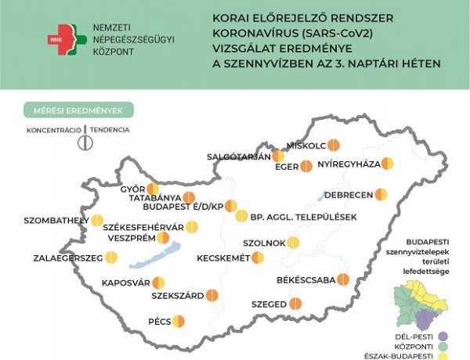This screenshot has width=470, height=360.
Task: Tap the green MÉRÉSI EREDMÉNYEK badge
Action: tap(78, 110)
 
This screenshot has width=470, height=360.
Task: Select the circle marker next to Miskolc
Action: tap(333, 145)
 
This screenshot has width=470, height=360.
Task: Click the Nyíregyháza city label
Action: tap(349, 164)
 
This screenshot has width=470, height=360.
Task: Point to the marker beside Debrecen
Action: tap(381, 193)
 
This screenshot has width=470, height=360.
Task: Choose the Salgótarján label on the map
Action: tap(238, 157)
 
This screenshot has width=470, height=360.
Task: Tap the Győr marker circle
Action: tap(152, 189)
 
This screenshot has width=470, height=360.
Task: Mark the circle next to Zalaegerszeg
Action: tap(111, 257)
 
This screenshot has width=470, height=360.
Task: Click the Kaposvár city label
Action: tap(125, 283)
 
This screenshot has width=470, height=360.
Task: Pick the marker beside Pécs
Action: tap(179, 321)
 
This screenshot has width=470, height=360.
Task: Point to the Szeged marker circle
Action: tap(295, 304)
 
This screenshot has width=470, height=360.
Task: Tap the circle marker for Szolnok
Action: tap(294, 243)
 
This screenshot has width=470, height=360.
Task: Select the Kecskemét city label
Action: tap(223, 257)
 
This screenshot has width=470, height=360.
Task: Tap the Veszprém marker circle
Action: tap(162, 238)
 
